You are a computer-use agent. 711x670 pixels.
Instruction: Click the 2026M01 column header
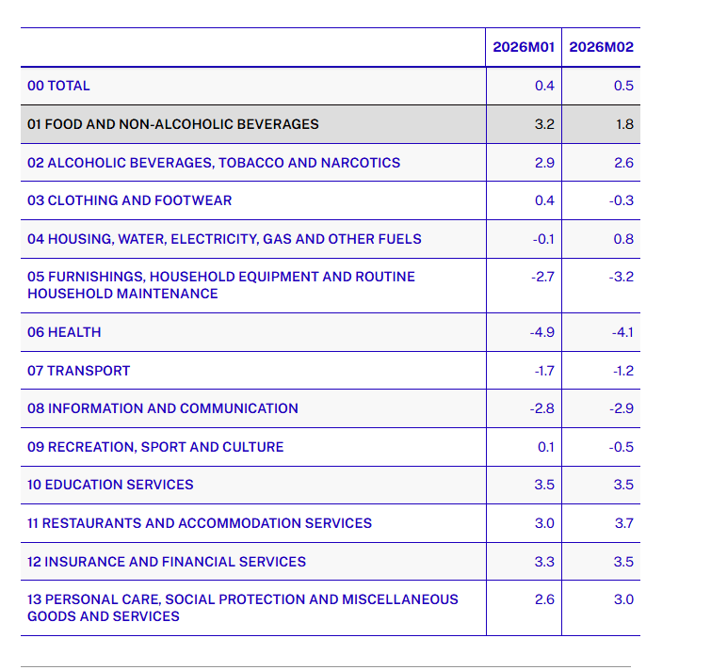524,47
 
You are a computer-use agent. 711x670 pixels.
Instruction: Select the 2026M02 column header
601,47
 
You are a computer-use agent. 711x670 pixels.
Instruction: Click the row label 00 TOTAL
58,86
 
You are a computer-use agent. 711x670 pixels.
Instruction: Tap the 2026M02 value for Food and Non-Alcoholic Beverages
624,124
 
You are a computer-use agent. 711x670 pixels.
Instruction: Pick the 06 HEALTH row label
64,332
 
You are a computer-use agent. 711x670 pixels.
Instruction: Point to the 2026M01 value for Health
541,332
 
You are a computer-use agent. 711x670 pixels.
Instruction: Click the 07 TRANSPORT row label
78,371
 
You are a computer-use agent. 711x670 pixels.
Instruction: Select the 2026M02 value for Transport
623,371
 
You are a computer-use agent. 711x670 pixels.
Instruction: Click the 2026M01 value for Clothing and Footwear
544,200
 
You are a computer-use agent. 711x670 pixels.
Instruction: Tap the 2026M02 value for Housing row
623,239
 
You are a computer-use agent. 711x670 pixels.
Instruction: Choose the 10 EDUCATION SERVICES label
110,485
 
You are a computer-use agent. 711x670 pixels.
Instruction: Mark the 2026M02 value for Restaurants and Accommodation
624,523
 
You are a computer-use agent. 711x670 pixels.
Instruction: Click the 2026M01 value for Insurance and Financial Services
544,562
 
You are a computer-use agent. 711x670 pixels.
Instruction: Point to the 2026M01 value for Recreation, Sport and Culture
546,447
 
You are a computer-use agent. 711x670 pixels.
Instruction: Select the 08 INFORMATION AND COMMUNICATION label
163,408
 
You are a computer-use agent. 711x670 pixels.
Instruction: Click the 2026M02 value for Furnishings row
622,277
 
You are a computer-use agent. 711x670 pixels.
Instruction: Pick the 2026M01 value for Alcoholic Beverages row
544,163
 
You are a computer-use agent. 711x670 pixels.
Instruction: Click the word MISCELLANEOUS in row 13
400,599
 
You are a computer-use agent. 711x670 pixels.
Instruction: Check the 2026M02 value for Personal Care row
623,599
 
